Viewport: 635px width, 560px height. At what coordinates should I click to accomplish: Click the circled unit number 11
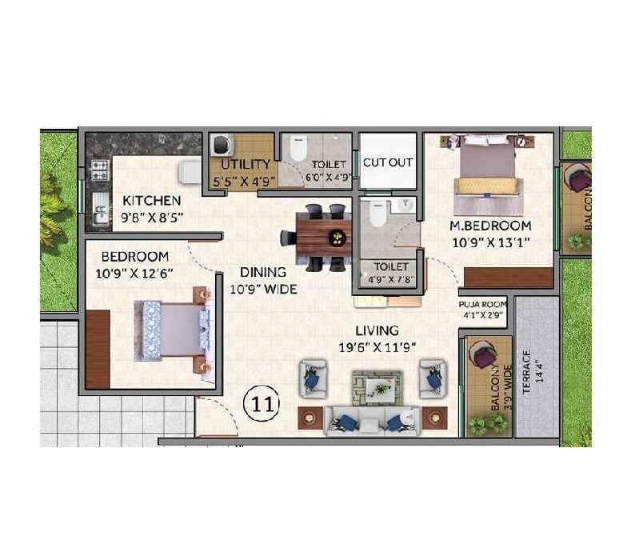coord(262,403)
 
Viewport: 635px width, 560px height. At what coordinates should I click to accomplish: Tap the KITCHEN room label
coord(151,200)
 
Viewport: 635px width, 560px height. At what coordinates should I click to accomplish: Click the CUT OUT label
coord(388,162)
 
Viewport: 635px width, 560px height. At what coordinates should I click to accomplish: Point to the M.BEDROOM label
coord(490,225)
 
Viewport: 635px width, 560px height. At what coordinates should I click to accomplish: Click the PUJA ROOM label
coord(483,305)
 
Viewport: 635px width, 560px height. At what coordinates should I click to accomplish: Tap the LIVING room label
coord(379,330)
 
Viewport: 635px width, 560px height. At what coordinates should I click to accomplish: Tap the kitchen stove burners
coord(100,170)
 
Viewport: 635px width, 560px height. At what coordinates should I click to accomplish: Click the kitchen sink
coord(99,210)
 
